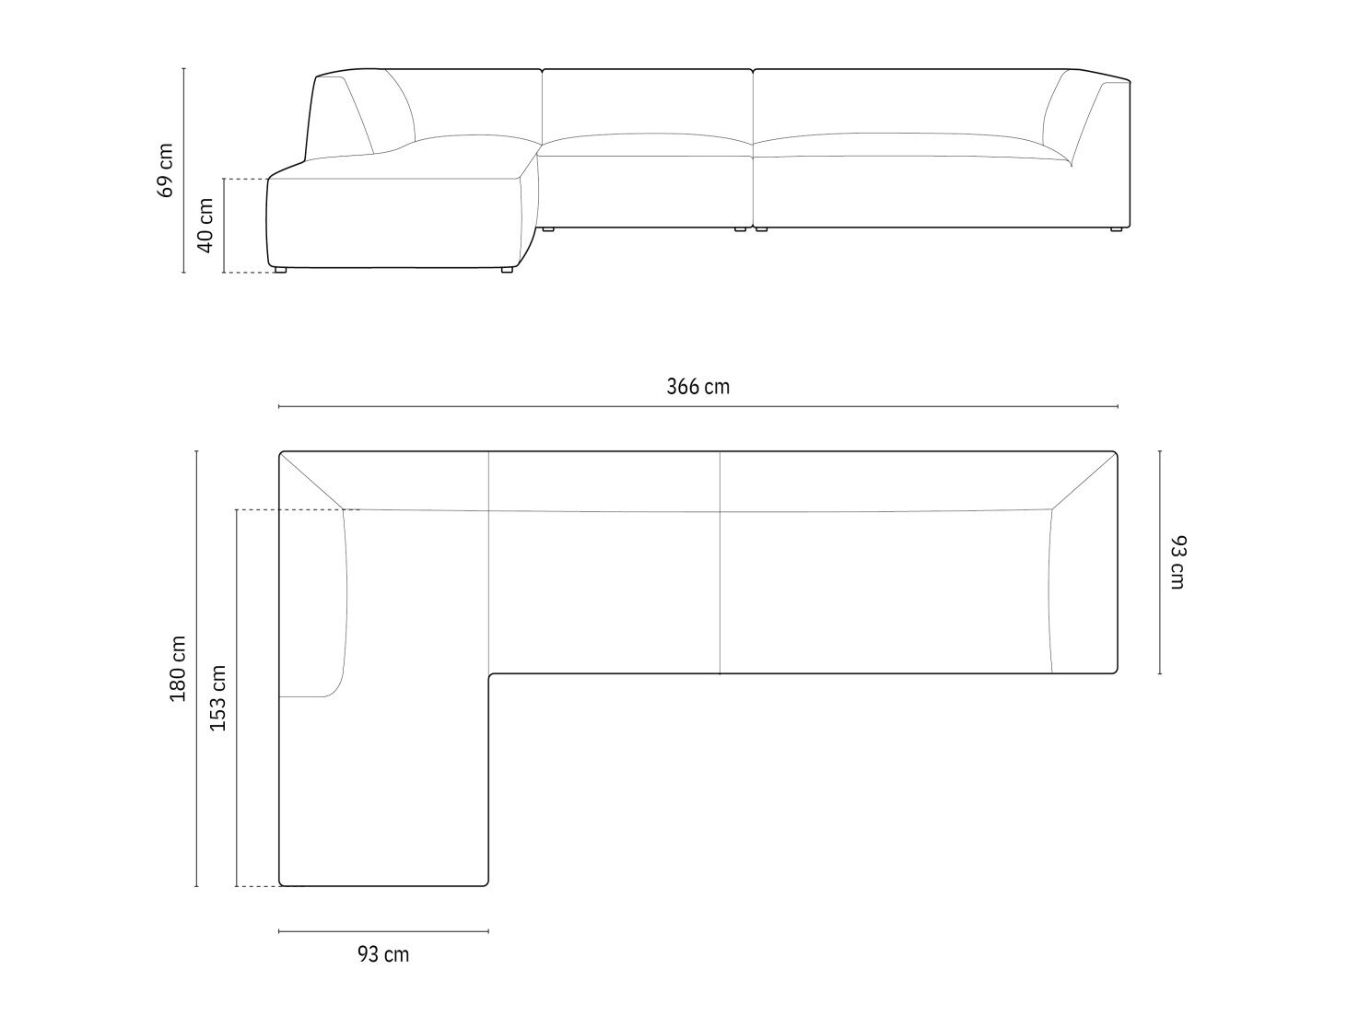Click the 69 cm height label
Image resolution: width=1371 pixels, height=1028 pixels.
(166, 170)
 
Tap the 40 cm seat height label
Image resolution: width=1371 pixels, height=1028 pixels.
(205, 226)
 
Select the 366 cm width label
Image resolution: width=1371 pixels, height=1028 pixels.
(697, 387)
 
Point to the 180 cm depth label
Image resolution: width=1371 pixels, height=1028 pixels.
(178, 669)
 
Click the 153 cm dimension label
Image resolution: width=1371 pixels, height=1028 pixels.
(217, 698)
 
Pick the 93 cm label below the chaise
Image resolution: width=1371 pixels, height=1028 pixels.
(383, 954)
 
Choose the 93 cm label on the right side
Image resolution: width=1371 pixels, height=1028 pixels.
(1178, 563)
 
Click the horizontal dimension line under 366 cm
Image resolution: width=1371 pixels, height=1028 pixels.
(697, 407)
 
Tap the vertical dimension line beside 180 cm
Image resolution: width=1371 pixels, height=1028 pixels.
(196, 669)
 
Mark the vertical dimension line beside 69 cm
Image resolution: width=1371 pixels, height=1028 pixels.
(183, 170)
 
